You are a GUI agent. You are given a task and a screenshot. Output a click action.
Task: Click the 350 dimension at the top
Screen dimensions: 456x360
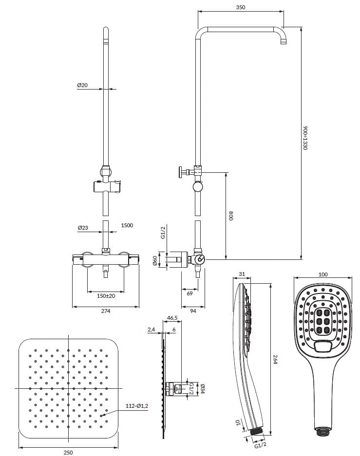240,7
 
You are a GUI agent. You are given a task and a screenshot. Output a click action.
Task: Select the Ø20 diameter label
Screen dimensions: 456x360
82,85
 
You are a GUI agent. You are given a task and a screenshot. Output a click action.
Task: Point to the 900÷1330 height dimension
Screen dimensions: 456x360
306,137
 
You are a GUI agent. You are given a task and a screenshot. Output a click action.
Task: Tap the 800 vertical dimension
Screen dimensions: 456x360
231,215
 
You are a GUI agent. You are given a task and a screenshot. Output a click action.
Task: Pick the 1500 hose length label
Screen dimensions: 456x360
127,225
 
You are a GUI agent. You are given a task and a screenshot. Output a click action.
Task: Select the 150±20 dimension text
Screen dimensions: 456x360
105,295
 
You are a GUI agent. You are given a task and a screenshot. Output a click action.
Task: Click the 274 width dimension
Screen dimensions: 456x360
105,311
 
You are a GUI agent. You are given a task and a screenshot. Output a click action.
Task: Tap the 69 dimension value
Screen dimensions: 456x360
189,294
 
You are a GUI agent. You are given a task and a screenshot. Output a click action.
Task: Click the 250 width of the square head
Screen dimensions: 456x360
68,452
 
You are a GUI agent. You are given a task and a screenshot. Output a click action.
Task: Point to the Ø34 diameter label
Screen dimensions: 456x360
201,389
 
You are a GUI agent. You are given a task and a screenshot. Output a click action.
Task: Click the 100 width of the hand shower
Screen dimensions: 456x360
322,274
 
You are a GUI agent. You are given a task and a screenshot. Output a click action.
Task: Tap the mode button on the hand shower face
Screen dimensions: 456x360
322,347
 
